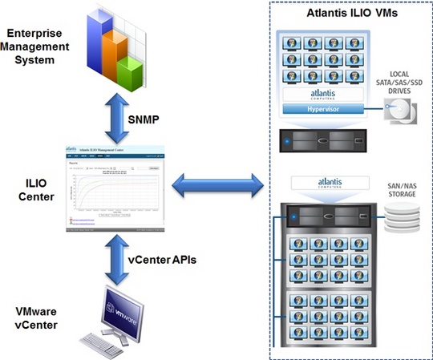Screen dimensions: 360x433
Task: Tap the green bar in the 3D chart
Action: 129,73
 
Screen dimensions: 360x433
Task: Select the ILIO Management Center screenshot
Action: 118,187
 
